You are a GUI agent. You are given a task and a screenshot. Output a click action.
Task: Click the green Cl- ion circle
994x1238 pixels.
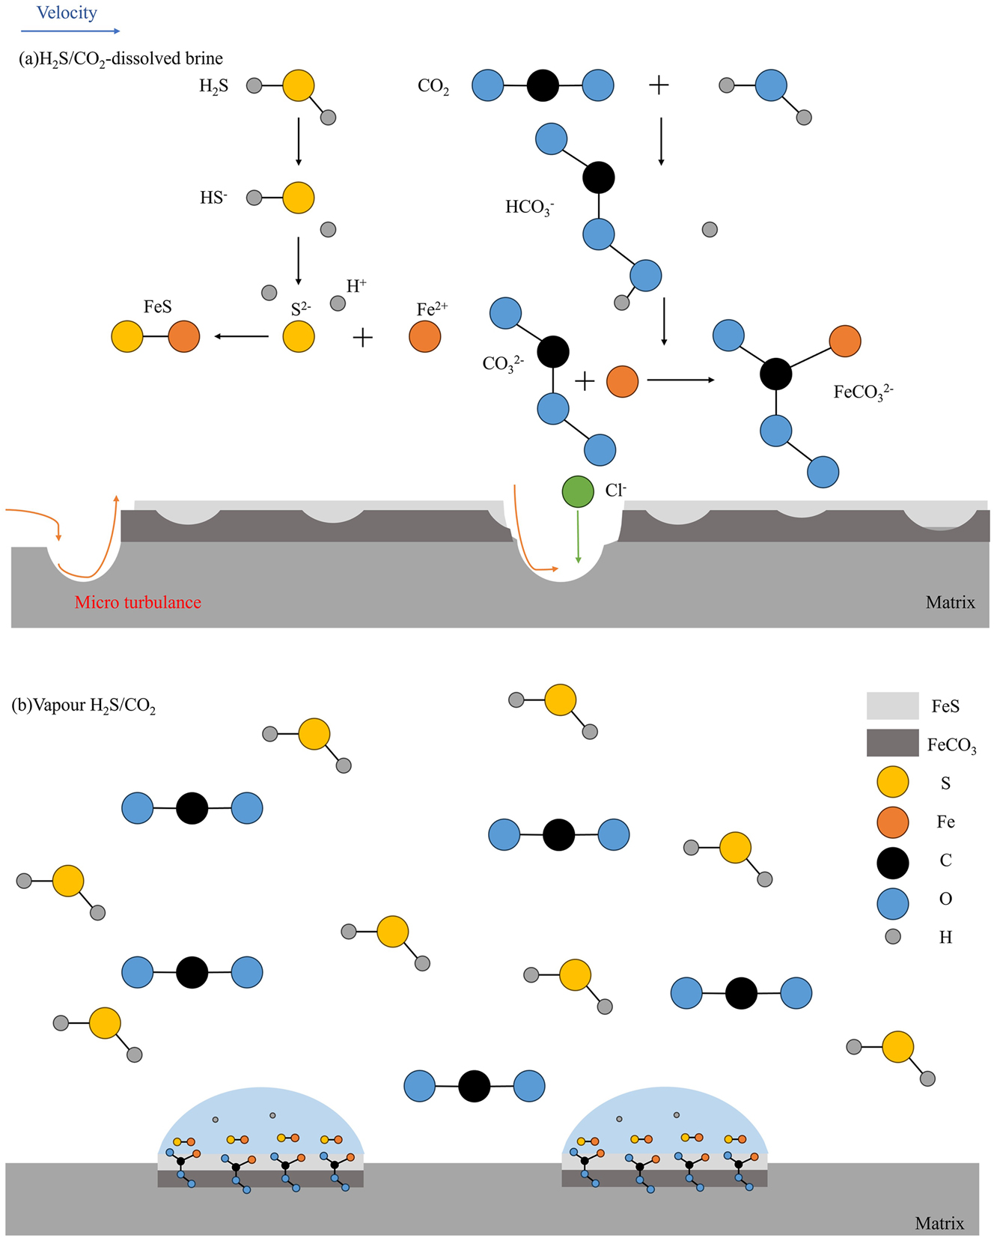[578, 492]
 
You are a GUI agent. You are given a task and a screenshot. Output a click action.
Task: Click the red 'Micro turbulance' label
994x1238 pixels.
[138, 602]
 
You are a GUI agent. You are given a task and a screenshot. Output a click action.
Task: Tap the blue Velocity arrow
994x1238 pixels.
[70, 31]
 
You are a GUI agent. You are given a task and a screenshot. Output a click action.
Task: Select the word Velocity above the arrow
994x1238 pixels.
[67, 13]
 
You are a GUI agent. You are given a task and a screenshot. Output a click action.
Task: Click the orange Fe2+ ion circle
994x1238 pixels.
[424, 336]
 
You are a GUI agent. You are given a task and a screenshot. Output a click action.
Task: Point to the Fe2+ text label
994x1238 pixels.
[432, 309]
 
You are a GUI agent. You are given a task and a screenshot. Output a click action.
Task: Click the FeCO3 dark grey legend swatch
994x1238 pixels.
[892, 742]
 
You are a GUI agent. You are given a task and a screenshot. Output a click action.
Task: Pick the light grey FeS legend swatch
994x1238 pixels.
[892, 706]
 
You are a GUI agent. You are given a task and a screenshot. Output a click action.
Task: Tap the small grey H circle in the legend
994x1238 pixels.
[892, 936]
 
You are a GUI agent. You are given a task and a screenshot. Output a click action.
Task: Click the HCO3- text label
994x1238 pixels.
[529, 207]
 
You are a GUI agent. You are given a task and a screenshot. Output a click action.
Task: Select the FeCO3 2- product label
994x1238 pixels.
[863, 392]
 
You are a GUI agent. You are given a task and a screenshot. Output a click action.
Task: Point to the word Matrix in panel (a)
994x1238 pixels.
[950, 602]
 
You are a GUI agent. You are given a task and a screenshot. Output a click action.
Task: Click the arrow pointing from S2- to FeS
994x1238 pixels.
[241, 336]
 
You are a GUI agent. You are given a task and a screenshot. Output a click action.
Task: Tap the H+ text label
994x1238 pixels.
[356, 286]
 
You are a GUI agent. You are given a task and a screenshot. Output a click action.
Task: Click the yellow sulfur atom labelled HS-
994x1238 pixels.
[298, 198]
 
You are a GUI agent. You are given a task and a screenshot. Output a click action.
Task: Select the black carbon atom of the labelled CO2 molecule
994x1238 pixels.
[543, 85]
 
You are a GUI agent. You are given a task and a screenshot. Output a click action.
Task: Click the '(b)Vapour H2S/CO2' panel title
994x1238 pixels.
[84, 706]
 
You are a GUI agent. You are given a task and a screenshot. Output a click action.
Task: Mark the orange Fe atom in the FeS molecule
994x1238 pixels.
[184, 336]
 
